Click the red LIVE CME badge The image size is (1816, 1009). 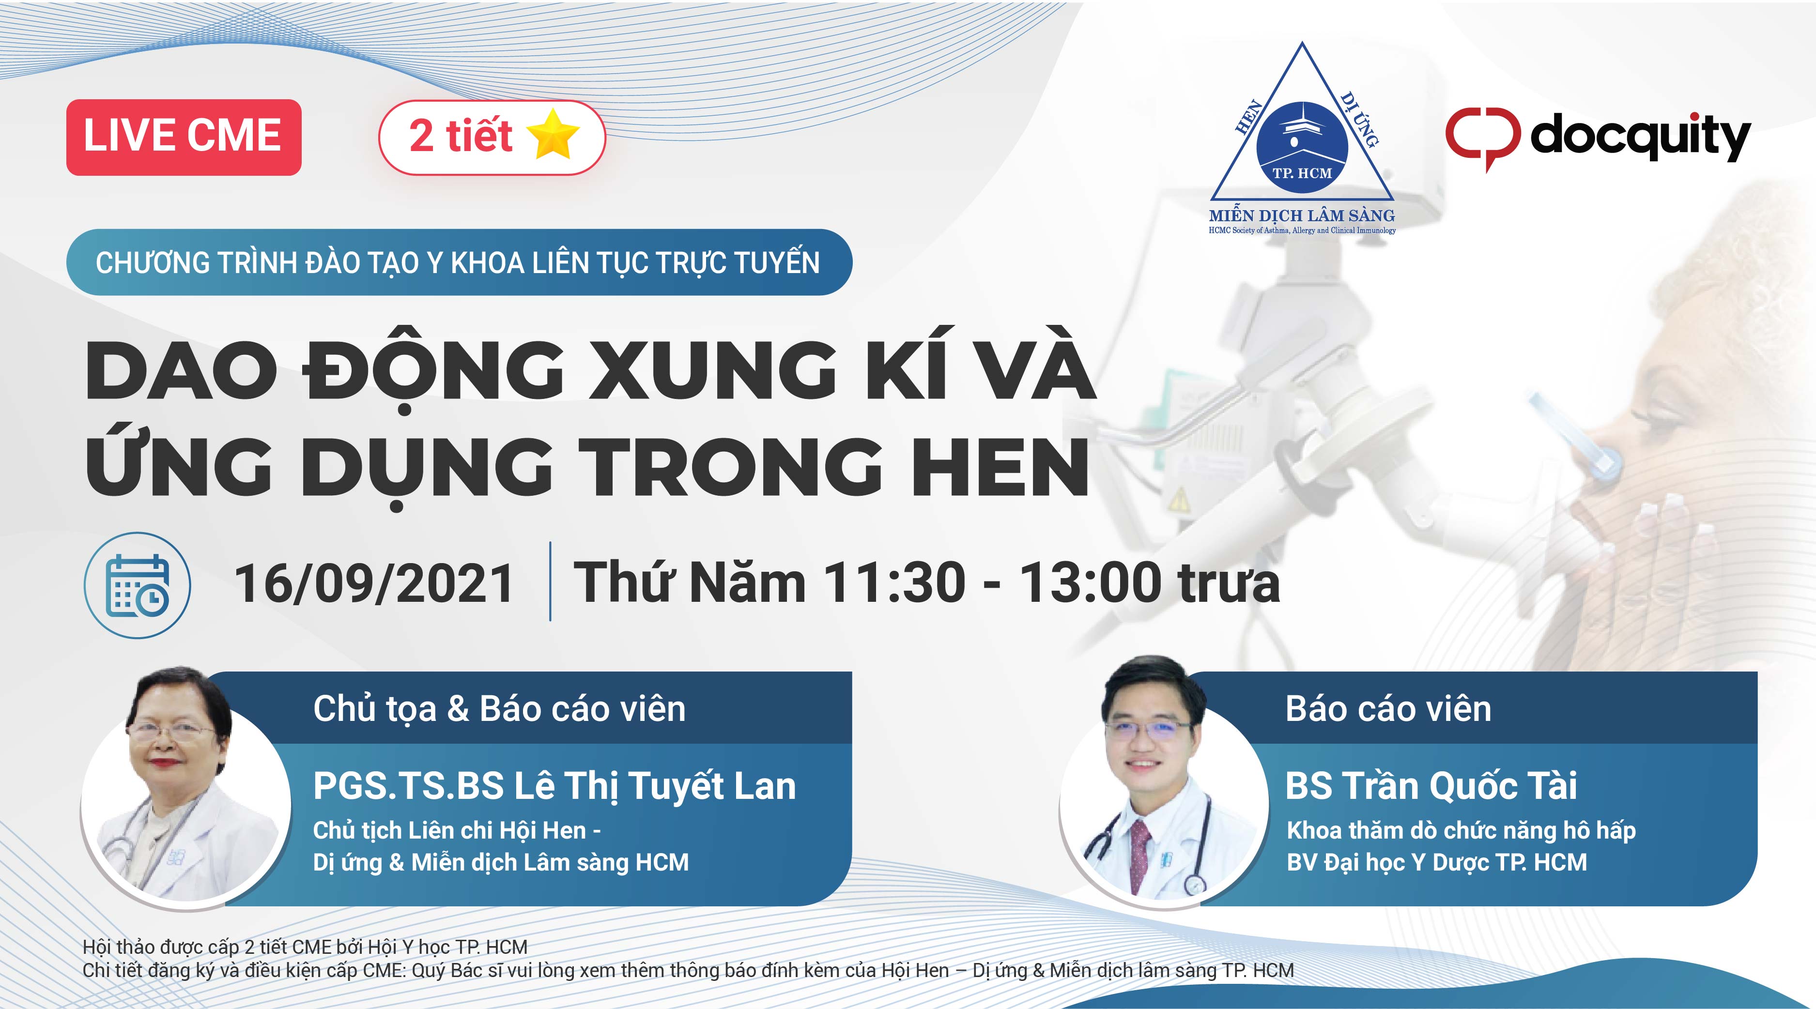[183, 138]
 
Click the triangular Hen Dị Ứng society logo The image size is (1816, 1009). [1302, 138]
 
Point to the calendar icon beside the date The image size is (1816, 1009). [137, 585]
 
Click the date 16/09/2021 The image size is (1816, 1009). [374, 583]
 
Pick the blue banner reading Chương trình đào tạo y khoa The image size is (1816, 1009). [459, 262]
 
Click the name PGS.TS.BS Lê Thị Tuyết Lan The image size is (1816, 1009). [554, 786]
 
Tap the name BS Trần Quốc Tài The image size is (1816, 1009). [1431, 786]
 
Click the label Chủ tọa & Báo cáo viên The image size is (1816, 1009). [499, 708]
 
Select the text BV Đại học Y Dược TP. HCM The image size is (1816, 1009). [1437, 862]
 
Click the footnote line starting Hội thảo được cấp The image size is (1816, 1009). [305, 947]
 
